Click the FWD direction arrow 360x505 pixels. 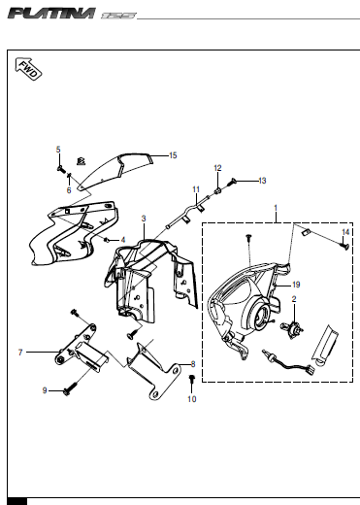pyautogui.click(x=28, y=69)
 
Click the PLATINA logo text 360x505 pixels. pyautogui.click(x=51, y=14)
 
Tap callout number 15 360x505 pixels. pyautogui.click(x=173, y=155)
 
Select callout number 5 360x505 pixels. pyautogui.click(x=58, y=150)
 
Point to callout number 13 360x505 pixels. pyautogui.click(x=262, y=181)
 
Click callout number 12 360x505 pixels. pyautogui.click(x=217, y=168)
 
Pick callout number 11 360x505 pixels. pyautogui.click(x=196, y=189)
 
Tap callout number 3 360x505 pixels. pyautogui.click(x=144, y=219)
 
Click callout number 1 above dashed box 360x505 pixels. pyautogui.click(x=276, y=208)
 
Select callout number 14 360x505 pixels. pyautogui.click(x=345, y=232)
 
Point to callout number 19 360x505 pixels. pyautogui.click(x=296, y=285)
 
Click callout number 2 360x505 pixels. pyautogui.click(x=294, y=299)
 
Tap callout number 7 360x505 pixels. pyautogui.click(x=20, y=353)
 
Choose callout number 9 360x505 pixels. pyautogui.click(x=45, y=390)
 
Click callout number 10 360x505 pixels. pyautogui.click(x=192, y=399)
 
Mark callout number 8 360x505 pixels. pyautogui.click(x=193, y=364)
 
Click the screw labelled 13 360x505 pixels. pyautogui.click(x=232, y=183)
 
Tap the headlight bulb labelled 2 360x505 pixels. pyautogui.click(x=292, y=329)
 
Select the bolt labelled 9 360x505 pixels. pyautogui.click(x=71, y=389)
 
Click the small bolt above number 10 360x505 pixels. pyautogui.click(x=192, y=379)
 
